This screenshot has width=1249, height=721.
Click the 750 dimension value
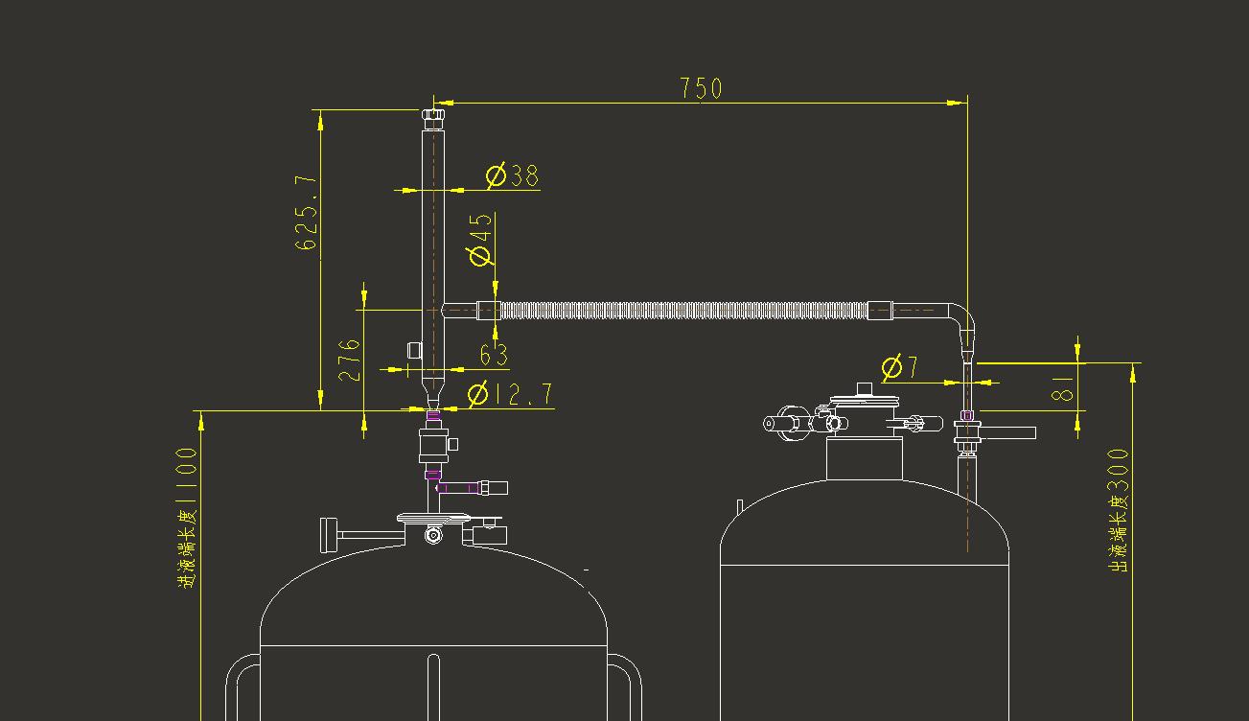pos(701,88)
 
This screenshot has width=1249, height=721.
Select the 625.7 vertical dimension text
pos(306,213)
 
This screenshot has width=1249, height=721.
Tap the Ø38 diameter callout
pos(513,175)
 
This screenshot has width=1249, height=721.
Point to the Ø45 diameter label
pos(479,240)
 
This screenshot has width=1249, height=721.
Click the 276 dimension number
pos(350,360)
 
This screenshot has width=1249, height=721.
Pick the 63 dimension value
pos(494,355)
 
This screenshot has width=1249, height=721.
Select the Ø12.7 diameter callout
pos(510,394)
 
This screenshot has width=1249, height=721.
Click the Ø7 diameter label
pos(900,367)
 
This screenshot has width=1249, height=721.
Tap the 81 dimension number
pos(1062,388)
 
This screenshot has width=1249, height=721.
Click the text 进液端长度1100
pos(187,518)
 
